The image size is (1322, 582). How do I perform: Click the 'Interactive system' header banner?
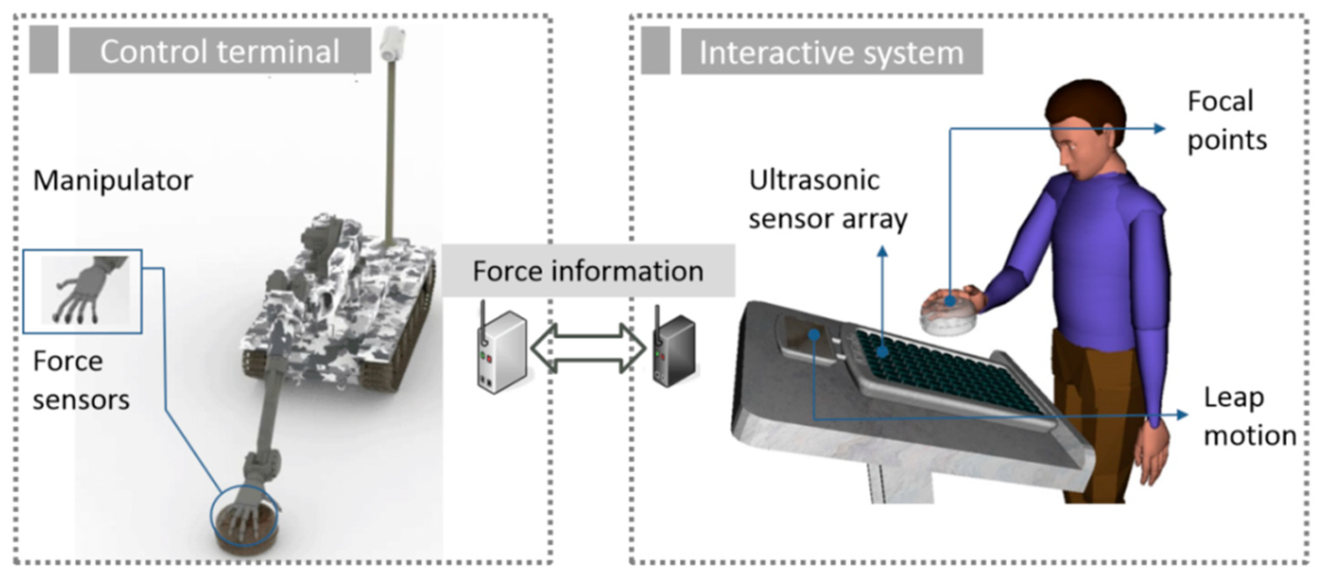831,52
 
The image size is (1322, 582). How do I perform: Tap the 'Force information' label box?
588,271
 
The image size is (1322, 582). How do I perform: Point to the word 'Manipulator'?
113,180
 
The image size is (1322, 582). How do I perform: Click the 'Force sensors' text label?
81,380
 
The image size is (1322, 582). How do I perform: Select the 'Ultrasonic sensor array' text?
827,200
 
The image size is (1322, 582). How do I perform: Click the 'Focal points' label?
1227,120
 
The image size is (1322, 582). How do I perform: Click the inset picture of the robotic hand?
83,291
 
